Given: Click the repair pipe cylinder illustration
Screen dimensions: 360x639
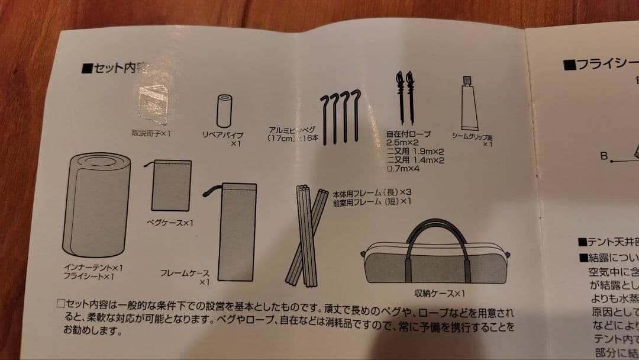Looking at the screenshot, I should [224, 110].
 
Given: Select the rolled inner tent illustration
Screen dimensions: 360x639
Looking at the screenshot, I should [96, 204].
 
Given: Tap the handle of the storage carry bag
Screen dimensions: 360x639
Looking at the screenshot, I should [435, 239].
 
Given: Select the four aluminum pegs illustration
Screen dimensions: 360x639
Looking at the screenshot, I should [340, 116].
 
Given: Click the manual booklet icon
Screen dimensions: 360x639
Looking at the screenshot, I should [153, 104].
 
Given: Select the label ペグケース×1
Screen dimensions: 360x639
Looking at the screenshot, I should [170, 223].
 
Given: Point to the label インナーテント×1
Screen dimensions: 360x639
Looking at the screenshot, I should [93, 267].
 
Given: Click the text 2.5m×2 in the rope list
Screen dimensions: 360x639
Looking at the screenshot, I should [403, 143].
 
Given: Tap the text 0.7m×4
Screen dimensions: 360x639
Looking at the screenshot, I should [403, 169].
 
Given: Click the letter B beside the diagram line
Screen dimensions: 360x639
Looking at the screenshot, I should [603, 156].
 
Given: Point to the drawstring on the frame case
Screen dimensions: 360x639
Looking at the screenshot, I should [211, 191].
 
